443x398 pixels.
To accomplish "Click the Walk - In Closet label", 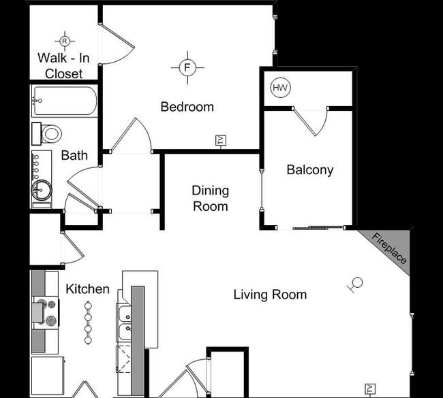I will pos(64,65).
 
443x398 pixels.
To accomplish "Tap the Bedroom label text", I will pos(187,107).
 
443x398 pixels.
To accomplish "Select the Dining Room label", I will pos(210,198).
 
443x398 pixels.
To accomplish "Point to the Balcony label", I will pos(309,170).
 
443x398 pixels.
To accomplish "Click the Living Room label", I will pos(270,295).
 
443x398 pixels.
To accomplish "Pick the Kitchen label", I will pos(87,289).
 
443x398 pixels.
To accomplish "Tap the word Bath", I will pos(74,155).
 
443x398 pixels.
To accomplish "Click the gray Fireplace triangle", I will pos(393,246).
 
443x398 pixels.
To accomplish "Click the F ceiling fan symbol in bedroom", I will pos(188,67).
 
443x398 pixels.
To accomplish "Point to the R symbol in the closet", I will pos(64,41).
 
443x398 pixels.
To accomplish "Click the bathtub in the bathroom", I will pos(64,101).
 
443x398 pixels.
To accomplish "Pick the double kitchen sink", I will pos(125,322).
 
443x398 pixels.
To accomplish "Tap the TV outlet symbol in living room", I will pos(370,389).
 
